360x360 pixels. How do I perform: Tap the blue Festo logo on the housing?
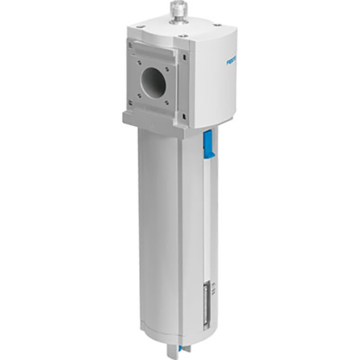pyautogui.click(x=214, y=62)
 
